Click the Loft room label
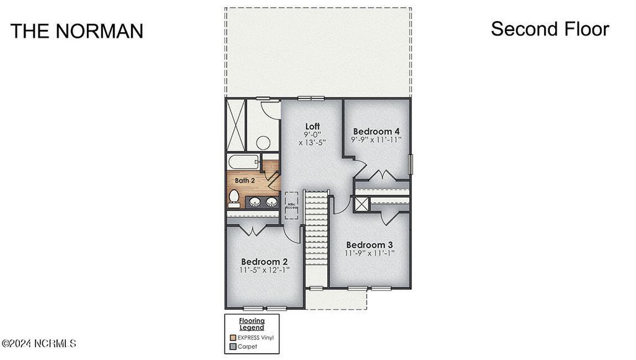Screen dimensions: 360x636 click(x=312, y=127)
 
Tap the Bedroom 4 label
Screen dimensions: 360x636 click(x=376, y=132)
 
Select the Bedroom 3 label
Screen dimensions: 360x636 click(x=370, y=245)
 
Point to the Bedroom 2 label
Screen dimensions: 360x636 click(x=264, y=261)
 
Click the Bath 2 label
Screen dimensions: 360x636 click(x=245, y=181)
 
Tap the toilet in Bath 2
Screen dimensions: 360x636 click(x=234, y=197)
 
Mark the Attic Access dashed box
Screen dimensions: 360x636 click(x=291, y=204)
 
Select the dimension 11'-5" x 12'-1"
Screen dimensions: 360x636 click(x=264, y=270)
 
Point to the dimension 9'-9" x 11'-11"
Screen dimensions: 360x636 click(x=376, y=140)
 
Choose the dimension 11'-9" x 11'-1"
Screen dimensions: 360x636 click(x=370, y=253)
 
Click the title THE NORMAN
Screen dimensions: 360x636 click(x=76, y=31)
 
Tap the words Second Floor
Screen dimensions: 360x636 click(x=550, y=29)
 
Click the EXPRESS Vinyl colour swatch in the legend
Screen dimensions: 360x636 click(x=233, y=338)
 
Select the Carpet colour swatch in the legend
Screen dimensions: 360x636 click(x=233, y=347)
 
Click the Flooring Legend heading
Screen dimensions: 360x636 click(x=252, y=324)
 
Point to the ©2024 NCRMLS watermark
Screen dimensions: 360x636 click(x=39, y=343)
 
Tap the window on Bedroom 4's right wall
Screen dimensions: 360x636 click(x=410, y=164)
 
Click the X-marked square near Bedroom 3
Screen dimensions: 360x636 click(x=362, y=204)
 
